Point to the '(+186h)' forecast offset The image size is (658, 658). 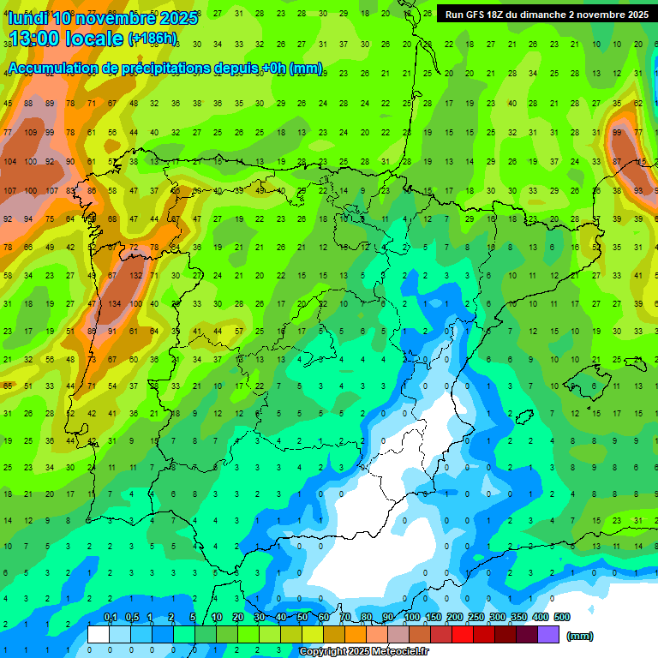click(153, 39)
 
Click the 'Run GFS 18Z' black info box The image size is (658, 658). click(546, 15)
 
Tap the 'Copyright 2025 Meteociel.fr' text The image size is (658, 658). click(363, 651)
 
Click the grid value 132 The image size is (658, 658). click(135, 276)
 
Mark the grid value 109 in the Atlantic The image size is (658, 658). click(31, 133)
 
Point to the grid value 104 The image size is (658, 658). click(10, 161)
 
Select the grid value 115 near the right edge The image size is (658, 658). click(641, 161)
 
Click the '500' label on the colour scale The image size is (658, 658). click(562, 617)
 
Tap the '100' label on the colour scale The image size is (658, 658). click(412, 617)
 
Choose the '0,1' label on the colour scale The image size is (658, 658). click(110, 617)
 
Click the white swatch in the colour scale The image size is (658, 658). click(99, 634)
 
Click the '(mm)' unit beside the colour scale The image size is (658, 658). click(580, 636)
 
